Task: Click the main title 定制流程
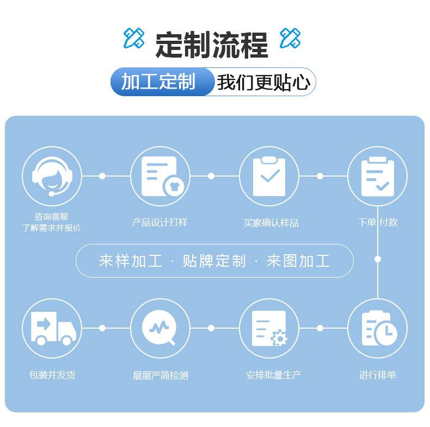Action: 212,45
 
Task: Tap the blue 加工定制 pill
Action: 158,82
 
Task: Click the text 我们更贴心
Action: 263,83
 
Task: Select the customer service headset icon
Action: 52,176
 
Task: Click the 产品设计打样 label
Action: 160,222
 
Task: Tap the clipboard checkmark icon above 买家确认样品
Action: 269,176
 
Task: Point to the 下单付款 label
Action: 378,222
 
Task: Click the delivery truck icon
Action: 52,328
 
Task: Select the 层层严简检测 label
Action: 160,375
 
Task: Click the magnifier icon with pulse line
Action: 160,328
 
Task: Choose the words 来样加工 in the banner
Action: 131,261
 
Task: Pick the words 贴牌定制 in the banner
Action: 214,261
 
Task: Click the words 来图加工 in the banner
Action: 298,261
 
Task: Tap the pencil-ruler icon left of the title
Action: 133,38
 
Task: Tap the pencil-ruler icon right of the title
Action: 290,38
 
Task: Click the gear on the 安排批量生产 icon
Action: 279,338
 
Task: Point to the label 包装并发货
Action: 52,375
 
